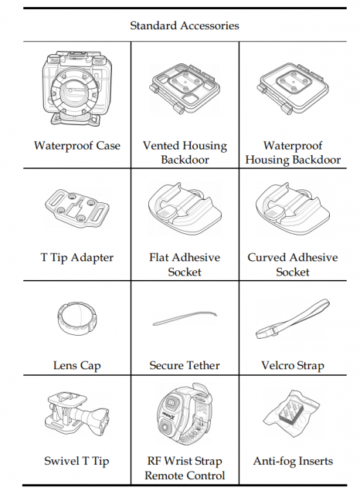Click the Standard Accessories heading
coord(185,25)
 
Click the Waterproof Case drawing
coord(77,89)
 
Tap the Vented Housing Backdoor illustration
coord(185,89)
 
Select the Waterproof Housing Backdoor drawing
coord(293,90)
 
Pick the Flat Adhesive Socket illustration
coord(185,204)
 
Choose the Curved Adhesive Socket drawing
coord(293,204)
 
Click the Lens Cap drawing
coord(77,320)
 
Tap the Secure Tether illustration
coord(185,318)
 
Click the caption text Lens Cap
coord(77,365)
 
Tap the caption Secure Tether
coord(185,365)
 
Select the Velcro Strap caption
coord(293,365)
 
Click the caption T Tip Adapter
coord(77,257)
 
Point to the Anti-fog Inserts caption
coord(293,461)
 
